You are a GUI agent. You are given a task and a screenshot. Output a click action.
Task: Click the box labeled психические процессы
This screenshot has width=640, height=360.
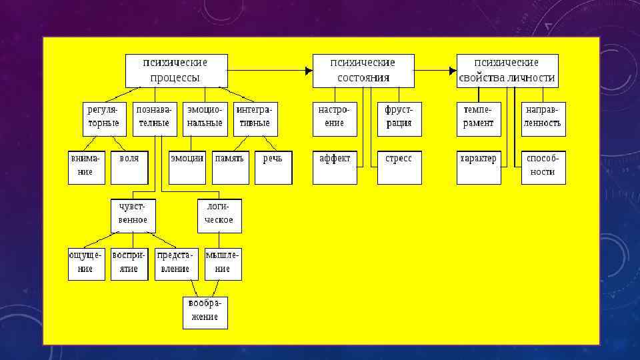(176, 71)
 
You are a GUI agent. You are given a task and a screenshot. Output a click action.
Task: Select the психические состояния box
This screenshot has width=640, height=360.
(363, 71)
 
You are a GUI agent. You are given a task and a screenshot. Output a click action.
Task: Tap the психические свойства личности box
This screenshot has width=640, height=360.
(507, 71)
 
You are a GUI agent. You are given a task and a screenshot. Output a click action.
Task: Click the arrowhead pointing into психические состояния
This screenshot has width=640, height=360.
(309, 71)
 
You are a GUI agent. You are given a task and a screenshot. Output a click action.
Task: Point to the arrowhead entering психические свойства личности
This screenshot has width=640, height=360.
(453, 71)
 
